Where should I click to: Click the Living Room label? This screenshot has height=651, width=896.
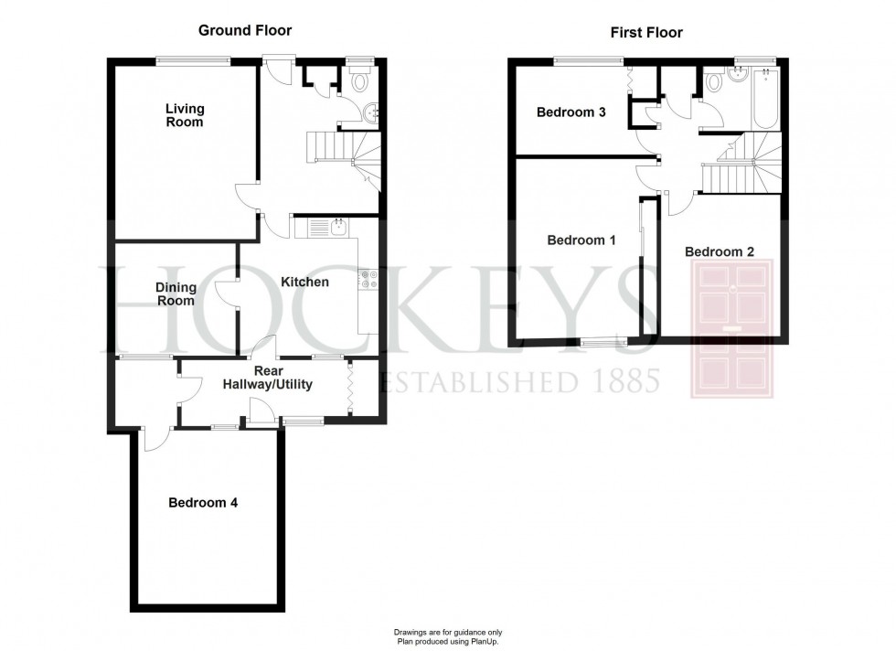[184, 115]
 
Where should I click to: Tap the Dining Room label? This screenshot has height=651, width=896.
[176, 293]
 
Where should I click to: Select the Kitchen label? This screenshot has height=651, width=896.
[304, 282]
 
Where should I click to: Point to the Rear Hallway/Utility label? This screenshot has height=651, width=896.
[268, 378]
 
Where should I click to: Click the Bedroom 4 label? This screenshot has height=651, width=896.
[203, 503]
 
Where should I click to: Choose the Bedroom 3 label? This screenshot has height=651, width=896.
[571, 113]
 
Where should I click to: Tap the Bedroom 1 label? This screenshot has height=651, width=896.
[581, 240]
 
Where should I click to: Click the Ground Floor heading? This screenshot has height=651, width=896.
[245, 30]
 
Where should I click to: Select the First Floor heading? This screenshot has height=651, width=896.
[646, 33]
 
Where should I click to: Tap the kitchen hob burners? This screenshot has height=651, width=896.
[368, 279]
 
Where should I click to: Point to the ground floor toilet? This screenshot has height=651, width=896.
[359, 81]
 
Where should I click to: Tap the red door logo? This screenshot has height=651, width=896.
[733, 327]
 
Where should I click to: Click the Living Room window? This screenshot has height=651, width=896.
[192, 61]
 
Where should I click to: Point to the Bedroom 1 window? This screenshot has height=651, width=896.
[600, 343]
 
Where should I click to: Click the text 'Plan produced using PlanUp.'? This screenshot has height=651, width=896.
[448, 643]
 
